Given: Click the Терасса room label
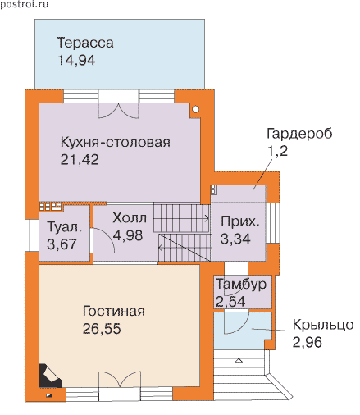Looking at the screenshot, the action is point(85,43).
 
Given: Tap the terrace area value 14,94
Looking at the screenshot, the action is point(76,60).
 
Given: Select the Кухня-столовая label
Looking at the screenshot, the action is point(115,142).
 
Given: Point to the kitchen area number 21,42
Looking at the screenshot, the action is point(80,160).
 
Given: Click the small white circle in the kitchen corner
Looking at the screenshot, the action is point(195,109).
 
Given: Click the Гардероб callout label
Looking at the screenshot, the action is point(299,134).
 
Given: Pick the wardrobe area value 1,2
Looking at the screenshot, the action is point(278,151).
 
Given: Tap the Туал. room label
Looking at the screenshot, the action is point(65,227).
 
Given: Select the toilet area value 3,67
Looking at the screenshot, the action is point(62,244).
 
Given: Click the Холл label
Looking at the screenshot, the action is point(130,218).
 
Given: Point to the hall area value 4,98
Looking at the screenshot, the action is point(128,235).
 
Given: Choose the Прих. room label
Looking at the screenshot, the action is point(239,221).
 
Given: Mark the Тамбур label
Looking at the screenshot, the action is point(241,285).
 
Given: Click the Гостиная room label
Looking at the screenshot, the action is point(114,311).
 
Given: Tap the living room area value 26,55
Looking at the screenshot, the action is point(102,329).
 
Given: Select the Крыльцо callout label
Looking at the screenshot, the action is point(323,325).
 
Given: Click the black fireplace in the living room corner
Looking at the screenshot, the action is point(49,376).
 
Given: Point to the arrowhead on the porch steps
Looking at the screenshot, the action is point(239,360).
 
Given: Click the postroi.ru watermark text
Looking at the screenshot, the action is point(24,5).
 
